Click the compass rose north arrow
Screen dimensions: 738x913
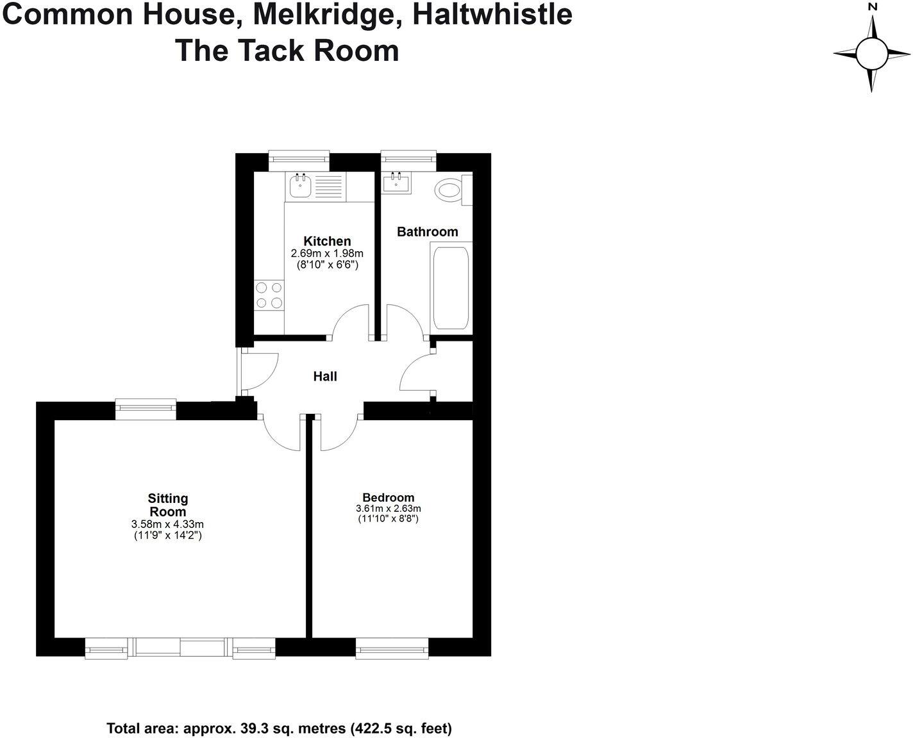pos(872,26)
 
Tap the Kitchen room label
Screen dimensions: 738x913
pos(327,242)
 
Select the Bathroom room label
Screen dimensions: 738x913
pos(428,232)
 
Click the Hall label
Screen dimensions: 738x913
pos(325,377)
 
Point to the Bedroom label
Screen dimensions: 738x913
pos(389,498)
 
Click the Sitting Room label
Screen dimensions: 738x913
pos(168,505)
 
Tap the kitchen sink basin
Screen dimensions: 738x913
pos(299,187)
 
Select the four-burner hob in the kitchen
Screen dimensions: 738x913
pos(269,295)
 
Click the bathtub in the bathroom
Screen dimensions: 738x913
pos(451,288)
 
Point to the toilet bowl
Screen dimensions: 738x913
pos(449,191)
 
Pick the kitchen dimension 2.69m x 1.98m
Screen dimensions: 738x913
pos(327,254)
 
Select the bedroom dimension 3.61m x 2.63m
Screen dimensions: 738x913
pos(389,509)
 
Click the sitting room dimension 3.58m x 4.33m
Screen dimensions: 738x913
pos(168,525)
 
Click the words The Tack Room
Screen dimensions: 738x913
pos(287,51)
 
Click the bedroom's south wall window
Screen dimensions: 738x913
pos(392,648)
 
